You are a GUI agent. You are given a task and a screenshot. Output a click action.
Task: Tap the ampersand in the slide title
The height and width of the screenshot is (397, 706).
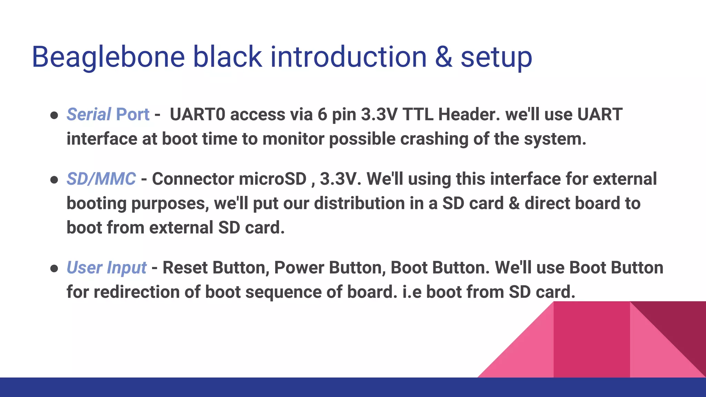443,57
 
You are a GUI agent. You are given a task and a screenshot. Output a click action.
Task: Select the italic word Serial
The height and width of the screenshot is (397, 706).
89,114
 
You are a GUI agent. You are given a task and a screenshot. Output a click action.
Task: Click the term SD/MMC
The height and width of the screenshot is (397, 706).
101,179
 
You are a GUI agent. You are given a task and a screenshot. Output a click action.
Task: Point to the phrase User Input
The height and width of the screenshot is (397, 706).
107,268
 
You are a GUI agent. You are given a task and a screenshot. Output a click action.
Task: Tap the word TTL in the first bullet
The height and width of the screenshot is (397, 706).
417,114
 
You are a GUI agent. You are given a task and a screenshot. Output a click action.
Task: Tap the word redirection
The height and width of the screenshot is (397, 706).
136,292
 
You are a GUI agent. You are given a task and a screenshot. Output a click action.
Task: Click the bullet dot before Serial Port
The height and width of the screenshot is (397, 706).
54,115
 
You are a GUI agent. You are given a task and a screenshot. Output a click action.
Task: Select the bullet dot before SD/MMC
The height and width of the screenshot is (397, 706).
54,180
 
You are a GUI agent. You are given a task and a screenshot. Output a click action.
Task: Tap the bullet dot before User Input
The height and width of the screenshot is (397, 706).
54,269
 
